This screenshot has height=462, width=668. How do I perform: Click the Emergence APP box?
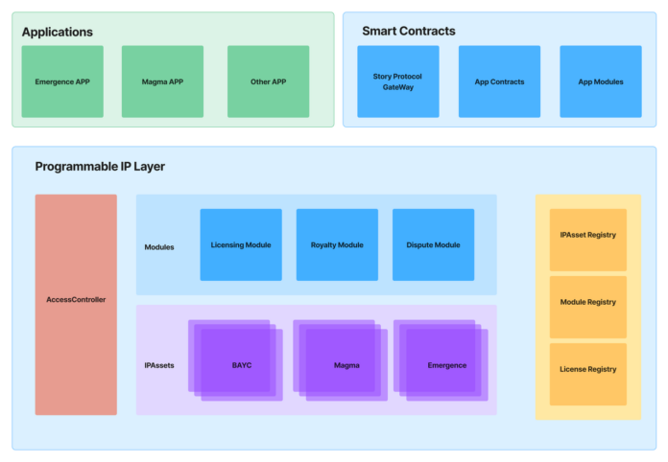point(62,81)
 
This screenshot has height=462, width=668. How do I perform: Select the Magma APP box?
point(162,81)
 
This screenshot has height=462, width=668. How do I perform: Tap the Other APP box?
point(268,81)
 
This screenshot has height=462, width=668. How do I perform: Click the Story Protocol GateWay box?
point(397,81)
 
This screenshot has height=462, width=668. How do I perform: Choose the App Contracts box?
point(499,81)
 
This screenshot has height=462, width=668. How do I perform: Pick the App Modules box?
point(601,81)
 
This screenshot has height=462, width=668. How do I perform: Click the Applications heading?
point(58,32)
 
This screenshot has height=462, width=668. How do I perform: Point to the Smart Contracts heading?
point(409,31)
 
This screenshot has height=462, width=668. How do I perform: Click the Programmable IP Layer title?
point(100,167)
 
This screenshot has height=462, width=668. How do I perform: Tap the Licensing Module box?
point(241,244)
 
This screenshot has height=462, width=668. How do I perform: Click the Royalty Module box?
point(337,244)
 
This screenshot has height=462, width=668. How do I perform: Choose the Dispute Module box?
point(433,244)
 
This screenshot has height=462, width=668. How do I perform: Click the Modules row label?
point(159,246)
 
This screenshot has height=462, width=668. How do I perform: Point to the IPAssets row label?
point(159,365)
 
